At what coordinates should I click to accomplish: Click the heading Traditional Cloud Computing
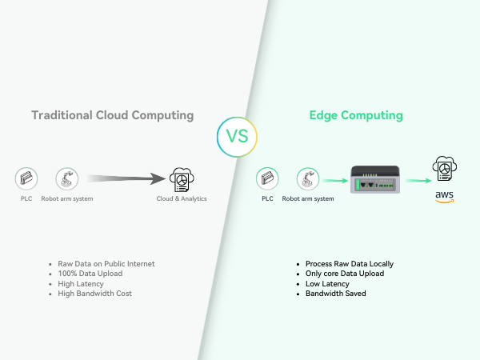point(112,115)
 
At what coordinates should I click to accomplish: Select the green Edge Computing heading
point(356,115)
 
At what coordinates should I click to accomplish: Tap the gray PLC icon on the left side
point(26,178)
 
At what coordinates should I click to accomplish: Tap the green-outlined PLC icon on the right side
point(267,178)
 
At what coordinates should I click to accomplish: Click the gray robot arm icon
point(66,178)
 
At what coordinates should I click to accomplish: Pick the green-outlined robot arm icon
point(308,178)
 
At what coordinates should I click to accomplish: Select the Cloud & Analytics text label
point(181,198)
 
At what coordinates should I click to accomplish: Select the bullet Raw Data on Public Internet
point(106,263)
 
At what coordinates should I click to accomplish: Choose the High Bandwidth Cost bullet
point(94,294)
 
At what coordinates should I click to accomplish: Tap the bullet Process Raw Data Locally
point(349,263)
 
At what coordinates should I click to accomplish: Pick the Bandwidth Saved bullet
point(335,294)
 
